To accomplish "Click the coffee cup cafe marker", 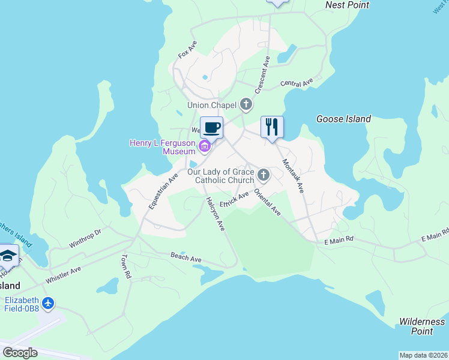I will tap(211, 128).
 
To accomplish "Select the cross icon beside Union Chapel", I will tap(246, 105).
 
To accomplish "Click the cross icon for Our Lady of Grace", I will tap(263, 176).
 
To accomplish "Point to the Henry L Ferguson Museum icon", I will tap(205, 145).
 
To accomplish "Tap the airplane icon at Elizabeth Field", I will tap(49, 304).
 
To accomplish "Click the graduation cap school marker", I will tap(8, 256).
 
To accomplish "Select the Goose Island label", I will tap(343, 119).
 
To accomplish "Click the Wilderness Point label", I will tap(423, 326).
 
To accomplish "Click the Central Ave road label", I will tap(297, 83).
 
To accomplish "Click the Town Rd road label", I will tap(126, 266).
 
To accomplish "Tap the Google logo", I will tap(20, 353).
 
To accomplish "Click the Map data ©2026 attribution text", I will tap(423, 355).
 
